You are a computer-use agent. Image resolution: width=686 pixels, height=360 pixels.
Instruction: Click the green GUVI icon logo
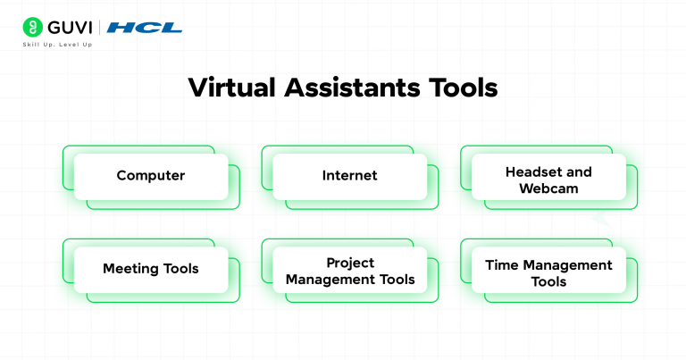(33, 27)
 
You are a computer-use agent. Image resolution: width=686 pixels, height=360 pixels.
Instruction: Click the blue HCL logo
(144, 28)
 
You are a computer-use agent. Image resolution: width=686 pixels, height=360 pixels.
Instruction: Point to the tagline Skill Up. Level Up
(59, 45)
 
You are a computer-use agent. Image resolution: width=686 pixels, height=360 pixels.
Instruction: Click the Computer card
(150, 176)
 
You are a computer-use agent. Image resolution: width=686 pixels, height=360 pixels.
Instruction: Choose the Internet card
(349, 176)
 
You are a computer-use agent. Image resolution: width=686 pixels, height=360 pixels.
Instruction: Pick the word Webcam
(548, 188)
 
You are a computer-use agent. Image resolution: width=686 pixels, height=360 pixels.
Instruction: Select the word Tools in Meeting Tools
(182, 269)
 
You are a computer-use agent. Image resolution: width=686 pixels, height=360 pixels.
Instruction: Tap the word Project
(349, 264)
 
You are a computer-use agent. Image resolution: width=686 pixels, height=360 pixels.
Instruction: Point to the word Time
(503, 265)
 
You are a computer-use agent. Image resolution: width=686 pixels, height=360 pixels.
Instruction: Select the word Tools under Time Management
(548, 281)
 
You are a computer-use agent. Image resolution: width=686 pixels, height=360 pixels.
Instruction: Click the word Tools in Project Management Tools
(397, 280)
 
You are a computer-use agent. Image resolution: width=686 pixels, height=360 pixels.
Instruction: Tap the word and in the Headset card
(579, 172)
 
